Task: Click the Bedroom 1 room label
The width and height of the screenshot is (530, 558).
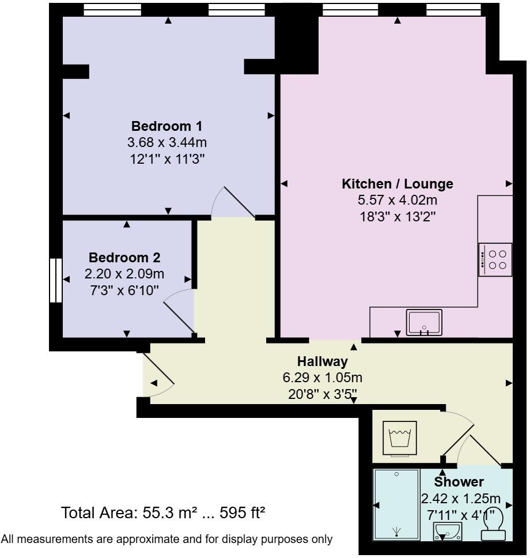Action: pyautogui.click(x=167, y=126)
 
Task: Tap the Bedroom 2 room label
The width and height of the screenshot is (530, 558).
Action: pyautogui.click(x=124, y=258)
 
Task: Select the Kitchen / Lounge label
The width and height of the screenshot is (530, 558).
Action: pyautogui.click(x=397, y=184)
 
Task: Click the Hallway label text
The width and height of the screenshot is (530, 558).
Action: pyautogui.click(x=323, y=362)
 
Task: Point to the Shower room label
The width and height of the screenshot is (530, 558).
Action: pyautogui.click(x=459, y=482)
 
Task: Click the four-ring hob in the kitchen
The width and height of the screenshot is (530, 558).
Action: pyautogui.click(x=495, y=259)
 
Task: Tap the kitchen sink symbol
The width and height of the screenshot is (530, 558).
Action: pyautogui.click(x=424, y=322)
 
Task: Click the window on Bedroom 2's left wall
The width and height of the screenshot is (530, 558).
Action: pyautogui.click(x=55, y=280)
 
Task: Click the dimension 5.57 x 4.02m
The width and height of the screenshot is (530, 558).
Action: pyautogui.click(x=397, y=201)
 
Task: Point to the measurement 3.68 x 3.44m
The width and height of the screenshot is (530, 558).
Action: pyautogui.click(x=167, y=142)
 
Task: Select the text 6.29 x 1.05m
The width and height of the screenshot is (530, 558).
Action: pyautogui.click(x=323, y=378)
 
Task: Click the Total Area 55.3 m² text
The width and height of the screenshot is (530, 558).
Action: pyautogui.click(x=163, y=512)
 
